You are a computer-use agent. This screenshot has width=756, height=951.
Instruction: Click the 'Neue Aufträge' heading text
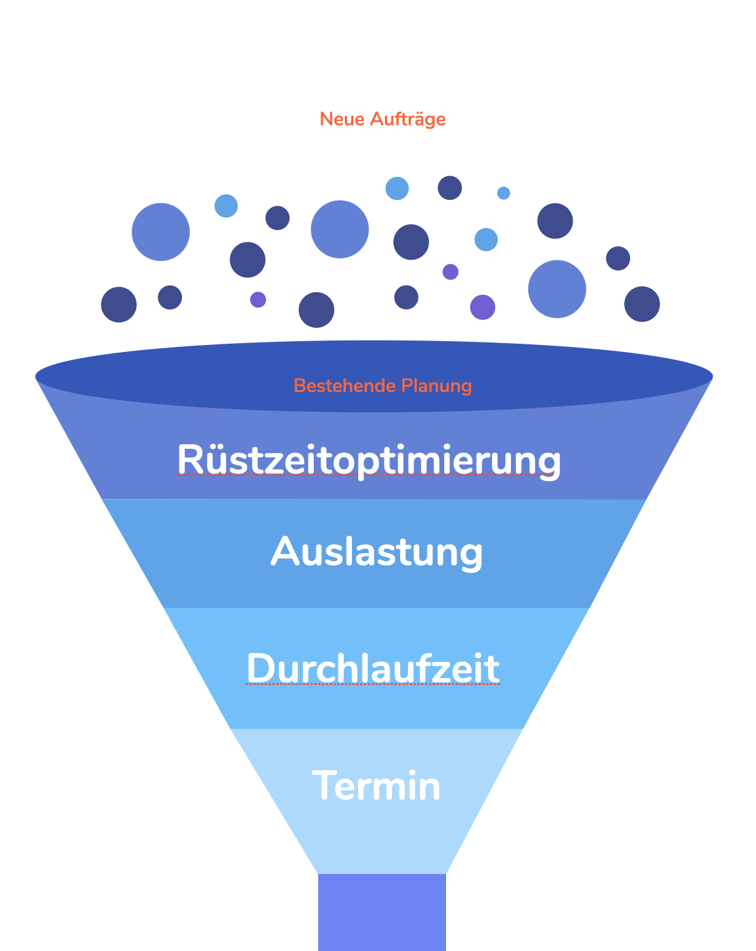[x=382, y=119]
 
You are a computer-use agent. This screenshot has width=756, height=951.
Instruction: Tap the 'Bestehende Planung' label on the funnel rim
[x=382, y=386]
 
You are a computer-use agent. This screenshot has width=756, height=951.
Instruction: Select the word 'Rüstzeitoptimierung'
[x=369, y=459]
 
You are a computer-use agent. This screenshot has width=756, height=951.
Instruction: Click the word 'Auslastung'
[x=377, y=551]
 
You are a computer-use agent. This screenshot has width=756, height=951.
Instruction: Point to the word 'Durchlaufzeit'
[x=373, y=668]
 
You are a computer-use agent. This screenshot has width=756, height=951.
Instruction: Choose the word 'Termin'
[x=376, y=785]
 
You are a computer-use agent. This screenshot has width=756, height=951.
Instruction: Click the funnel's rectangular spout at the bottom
[x=382, y=912]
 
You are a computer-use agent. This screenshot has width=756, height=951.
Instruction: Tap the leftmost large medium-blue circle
[x=160, y=232]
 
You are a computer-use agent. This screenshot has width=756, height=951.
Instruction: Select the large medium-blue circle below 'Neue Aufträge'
[x=340, y=229]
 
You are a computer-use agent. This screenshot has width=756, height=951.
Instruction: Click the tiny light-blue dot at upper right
[x=503, y=193]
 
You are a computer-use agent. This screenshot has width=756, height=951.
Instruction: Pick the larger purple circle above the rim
[x=482, y=307]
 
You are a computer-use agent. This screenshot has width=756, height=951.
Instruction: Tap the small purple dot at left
[x=258, y=299]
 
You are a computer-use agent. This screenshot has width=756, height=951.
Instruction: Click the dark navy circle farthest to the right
[x=641, y=304]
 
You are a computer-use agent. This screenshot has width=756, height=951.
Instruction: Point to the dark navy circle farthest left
[x=119, y=304]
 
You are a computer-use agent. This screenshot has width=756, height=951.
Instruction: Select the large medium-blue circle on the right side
[x=557, y=289]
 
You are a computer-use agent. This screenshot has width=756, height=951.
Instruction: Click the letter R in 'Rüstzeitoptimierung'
[x=189, y=459]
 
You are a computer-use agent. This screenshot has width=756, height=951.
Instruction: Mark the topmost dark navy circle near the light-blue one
[x=449, y=188]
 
